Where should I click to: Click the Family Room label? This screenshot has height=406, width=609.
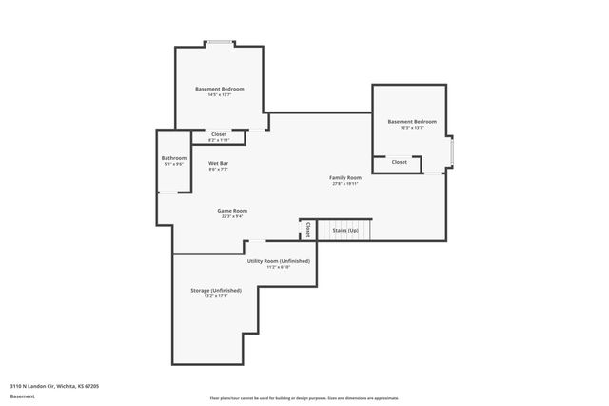[x=345, y=177]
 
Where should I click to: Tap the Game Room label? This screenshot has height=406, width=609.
[x=232, y=210]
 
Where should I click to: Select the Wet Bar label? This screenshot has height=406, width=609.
[x=218, y=163]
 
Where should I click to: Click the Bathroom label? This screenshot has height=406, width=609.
[x=174, y=157]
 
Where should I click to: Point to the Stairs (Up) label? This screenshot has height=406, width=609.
[x=344, y=231]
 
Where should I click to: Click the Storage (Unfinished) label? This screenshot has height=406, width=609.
[x=215, y=289]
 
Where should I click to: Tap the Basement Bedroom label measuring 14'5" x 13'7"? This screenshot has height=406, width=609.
[x=219, y=89]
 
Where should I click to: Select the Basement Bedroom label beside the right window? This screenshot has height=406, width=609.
[x=412, y=121]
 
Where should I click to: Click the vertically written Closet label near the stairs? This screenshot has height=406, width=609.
[x=307, y=230]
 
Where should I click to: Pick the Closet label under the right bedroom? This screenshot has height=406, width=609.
[x=399, y=162]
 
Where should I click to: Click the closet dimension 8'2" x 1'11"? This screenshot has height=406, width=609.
[x=219, y=140]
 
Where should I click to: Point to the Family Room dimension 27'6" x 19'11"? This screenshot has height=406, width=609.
[x=345, y=184]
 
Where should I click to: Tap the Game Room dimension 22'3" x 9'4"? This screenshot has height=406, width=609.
[x=232, y=216]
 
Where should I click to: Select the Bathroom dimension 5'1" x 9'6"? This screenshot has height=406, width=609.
[x=174, y=164]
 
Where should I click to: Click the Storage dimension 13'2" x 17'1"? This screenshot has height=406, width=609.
[x=215, y=295]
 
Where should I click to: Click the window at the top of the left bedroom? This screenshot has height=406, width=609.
[x=221, y=42]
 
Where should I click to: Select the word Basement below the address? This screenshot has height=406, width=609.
[x=23, y=396]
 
